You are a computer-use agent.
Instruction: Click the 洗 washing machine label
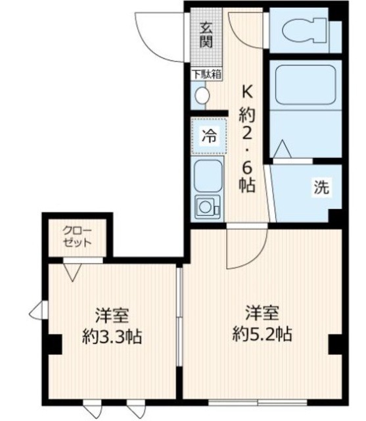(321, 187)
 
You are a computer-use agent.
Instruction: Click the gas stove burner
(208, 207)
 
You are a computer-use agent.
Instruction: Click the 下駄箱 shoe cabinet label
(205, 74)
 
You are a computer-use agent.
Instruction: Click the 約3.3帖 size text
(112, 338)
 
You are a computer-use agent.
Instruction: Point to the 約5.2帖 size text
(262, 334)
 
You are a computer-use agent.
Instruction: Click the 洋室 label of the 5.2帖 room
(262, 311)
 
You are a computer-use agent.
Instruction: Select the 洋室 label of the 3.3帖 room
(111, 314)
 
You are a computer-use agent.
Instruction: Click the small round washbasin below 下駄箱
(200, 97)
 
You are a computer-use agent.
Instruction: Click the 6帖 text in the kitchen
(246, 176)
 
